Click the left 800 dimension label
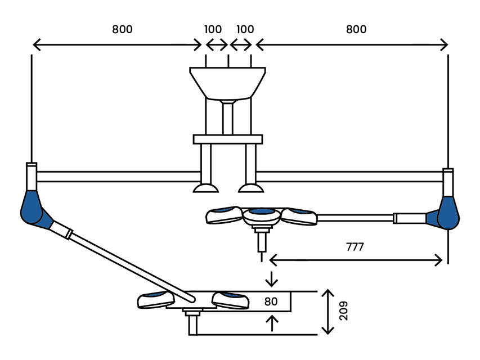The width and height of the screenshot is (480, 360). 122,29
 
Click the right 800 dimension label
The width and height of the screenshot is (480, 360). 356,29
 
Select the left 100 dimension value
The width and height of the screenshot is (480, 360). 213,29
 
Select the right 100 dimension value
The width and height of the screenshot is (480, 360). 245,29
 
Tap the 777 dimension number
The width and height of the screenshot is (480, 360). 355,246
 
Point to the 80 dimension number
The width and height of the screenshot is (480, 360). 271,301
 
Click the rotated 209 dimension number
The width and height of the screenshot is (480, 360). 344,311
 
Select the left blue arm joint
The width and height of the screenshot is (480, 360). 32,209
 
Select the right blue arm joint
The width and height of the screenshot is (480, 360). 448,213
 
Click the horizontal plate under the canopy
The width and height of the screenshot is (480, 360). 227,139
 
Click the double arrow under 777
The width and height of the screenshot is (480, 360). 356,259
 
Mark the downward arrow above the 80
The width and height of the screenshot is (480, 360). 272,279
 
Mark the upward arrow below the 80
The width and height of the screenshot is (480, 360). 272,323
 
